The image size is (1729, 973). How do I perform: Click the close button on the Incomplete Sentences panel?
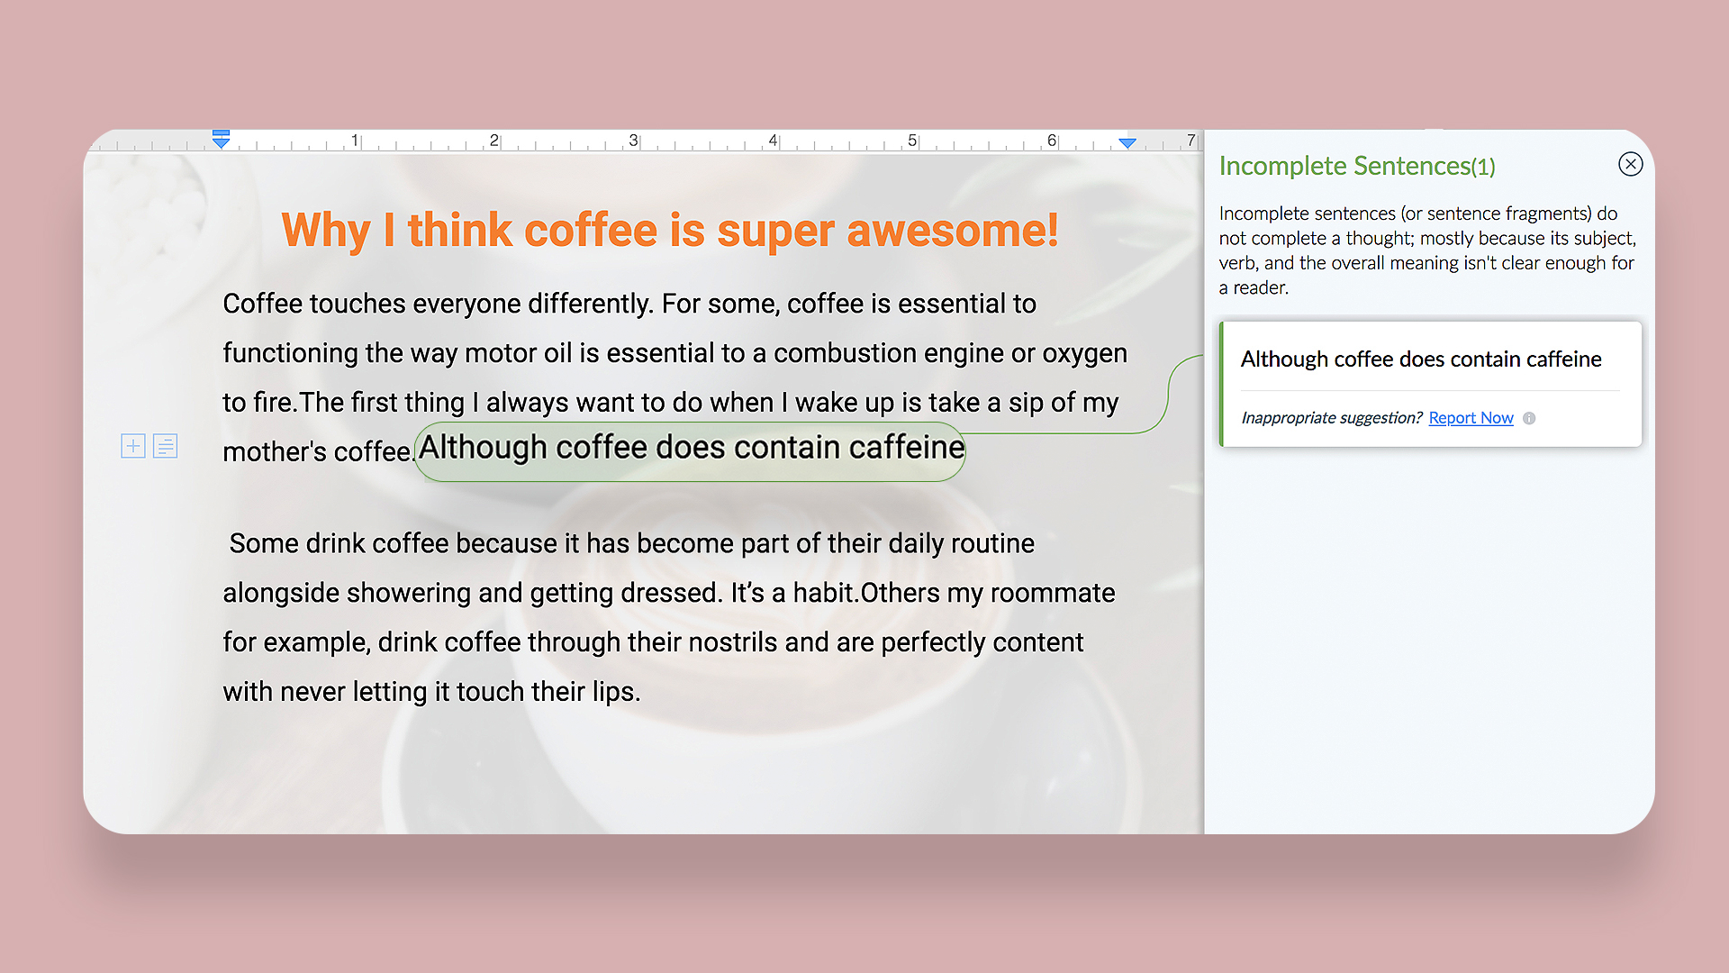[1630, 164]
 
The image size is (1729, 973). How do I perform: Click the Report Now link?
[1471, 418]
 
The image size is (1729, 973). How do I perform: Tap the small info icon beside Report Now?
[1529, 418]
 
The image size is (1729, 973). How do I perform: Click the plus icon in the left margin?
[133, 446]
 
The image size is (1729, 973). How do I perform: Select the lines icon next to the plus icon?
[166, 446]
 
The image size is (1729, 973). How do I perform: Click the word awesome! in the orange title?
[953, 231]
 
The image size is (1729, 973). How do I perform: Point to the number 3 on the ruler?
[633, 141]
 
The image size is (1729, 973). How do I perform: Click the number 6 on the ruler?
[1051, 141]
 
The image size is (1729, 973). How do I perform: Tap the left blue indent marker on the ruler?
[221, 139]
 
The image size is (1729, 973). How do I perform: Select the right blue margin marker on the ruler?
[1127, 142]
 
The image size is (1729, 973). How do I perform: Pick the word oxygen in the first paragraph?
[1084, 354]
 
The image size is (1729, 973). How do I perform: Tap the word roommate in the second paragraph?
[1053, 593]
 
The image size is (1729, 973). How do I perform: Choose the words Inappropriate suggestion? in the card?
[1331, 418]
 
